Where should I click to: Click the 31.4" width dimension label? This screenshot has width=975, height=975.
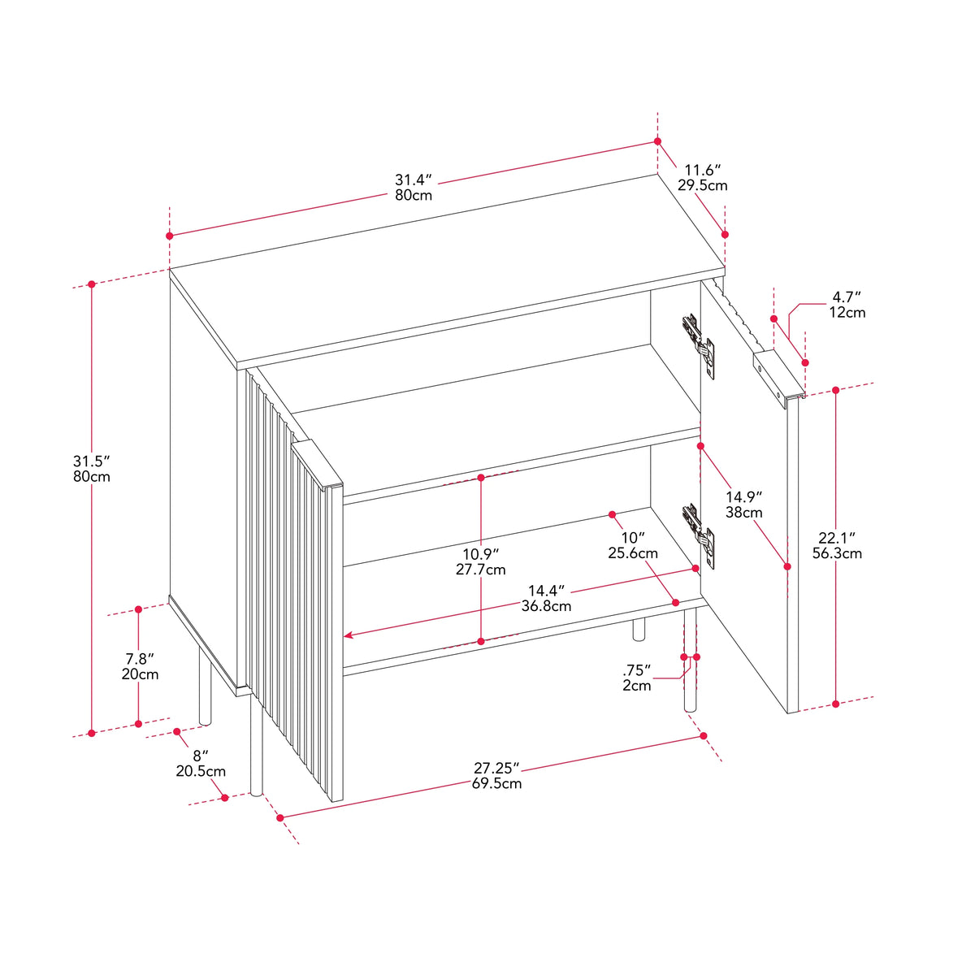pyautogui.click(x=414, y=180)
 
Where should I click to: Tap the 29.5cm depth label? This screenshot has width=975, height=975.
pyautogui.click(x=702, y=185)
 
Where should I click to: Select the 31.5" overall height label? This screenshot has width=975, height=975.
pyautogui.click(x=92, y=461)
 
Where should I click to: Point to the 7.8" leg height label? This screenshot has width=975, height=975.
pyautogui.click(x=140, y=658)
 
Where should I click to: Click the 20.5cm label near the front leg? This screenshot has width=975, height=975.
pyautogui.click(x=201, y=771)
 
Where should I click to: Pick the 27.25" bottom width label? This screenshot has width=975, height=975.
pyautogui.click(x=496, y=768)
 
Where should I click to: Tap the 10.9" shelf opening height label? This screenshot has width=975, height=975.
pyautogui.click(x=481, y=554)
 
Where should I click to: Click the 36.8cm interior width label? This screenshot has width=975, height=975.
pyautogui.click(x=547, y=605)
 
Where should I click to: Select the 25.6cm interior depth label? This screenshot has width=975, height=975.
pyautogui.click(x=633, y=553)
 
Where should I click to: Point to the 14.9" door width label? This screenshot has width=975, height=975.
pyautogui.click(x=743, y=497)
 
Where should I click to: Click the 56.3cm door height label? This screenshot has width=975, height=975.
pyautogui.click(x=838, y=553)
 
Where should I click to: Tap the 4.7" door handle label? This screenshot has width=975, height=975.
pyautogui.click(x=847, y=297)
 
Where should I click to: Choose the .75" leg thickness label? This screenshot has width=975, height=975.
pyautogui.click(x=636, y=669)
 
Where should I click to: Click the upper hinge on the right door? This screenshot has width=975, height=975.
pyautogui.click(x=700, y=344)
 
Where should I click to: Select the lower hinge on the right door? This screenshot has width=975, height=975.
pyautogui.click(x=700, y=535)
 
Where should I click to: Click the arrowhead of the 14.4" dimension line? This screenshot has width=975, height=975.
pyautogui.click(x=348, y=635)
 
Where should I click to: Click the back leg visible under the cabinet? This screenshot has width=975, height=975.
pyautogui.click(x=639, y=629)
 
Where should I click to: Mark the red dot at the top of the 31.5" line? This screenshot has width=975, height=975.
pyautogui.click(x=92, y=284)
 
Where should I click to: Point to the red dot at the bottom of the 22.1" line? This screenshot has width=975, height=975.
pyautogui.click(x=836, y=704)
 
